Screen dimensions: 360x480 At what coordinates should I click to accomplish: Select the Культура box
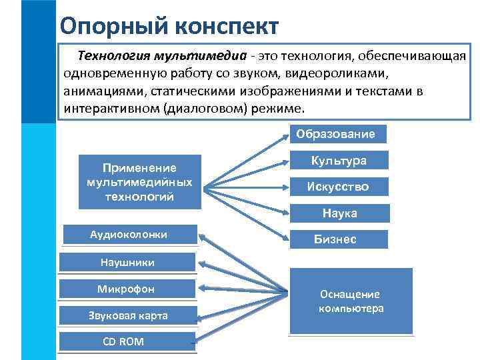coord(339,161)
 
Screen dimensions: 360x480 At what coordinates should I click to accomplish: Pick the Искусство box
coord(338,187)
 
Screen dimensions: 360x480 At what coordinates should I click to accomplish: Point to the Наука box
coord(339,213)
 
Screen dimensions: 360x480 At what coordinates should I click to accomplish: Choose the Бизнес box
coord(339,239)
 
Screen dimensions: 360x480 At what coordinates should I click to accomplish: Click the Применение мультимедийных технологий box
coord(139,182)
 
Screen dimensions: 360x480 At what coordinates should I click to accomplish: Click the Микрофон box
coord(126,289)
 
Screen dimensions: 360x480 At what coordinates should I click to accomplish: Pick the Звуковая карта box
coord(128,315)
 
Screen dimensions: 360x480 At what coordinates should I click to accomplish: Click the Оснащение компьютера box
coord(351,301)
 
